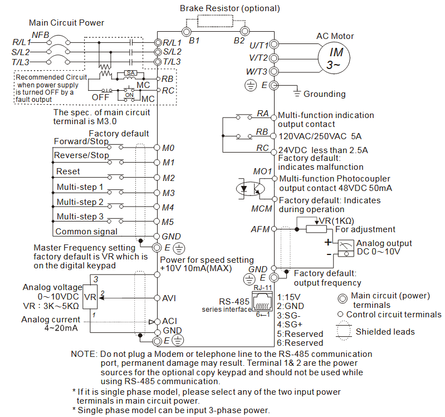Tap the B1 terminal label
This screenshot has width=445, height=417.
point(194,41)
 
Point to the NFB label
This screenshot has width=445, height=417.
point(40,35)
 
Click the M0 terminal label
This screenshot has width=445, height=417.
point(169,148)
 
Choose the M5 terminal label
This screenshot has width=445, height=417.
point(169,222)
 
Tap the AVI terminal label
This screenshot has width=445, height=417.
point(169,298)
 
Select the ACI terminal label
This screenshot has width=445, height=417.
point(169,321)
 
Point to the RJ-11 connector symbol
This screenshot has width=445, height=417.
point(263,303)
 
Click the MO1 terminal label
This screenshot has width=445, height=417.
point(262,171)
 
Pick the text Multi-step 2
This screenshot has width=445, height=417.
point(80,202)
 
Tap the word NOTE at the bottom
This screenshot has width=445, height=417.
point(83,354)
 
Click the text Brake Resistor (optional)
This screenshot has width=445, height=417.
point(229,8)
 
